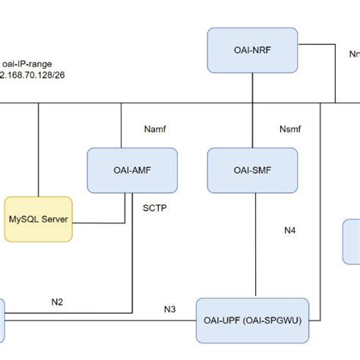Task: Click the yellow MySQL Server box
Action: pos(39,219)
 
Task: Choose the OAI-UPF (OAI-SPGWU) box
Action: pos(254,320)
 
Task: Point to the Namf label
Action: pos(154,130)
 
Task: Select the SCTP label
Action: pos(155,206)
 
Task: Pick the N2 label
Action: pos(57,302)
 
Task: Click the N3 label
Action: pos(170,308)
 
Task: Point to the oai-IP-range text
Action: pos(27,64)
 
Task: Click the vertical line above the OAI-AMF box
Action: pos(122,125)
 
